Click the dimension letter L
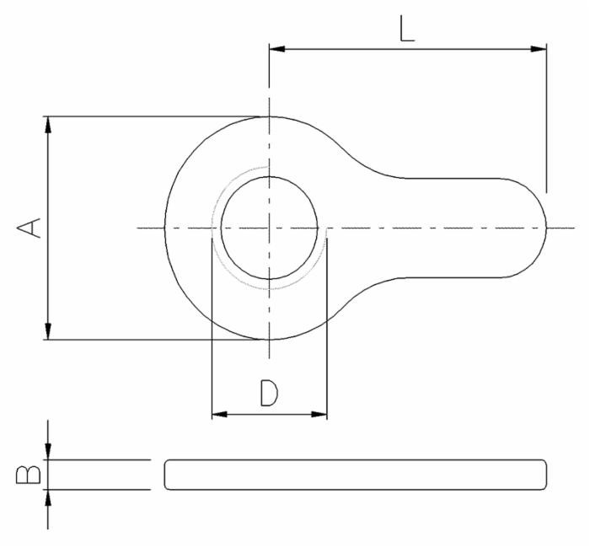pos(407,29)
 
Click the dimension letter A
pos(30,228)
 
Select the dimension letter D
pos(268,393)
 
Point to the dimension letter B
pos(27,475)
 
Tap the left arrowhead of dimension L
pos(276,49)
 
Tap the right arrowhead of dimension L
pos(539,49)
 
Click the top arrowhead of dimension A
pos(48,123)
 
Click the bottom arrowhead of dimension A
pos(48,333)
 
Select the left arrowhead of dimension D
pos(217,414)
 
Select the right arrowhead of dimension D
pos(319,414)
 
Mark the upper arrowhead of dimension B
pos(48,453)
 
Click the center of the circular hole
pos(269,228)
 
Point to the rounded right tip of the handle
pos(546,228)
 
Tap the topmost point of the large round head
pos(269,116)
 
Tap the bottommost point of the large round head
pos(269,340)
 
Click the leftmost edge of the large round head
pos(164,228)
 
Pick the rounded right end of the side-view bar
pos(544,475)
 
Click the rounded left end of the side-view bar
pos(166,475)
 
